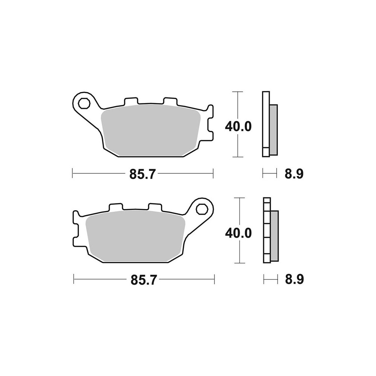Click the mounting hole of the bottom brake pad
click(x=202, y=209)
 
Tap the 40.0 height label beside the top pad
click(x=238, y=126)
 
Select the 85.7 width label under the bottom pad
click(x=144, y=280)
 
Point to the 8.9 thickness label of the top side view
click(x=294, y=174)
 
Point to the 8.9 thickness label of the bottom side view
click(x=294, y=280)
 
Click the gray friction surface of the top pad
click(x=151, y=130)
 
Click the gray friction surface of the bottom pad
click(x=135, y=236)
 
